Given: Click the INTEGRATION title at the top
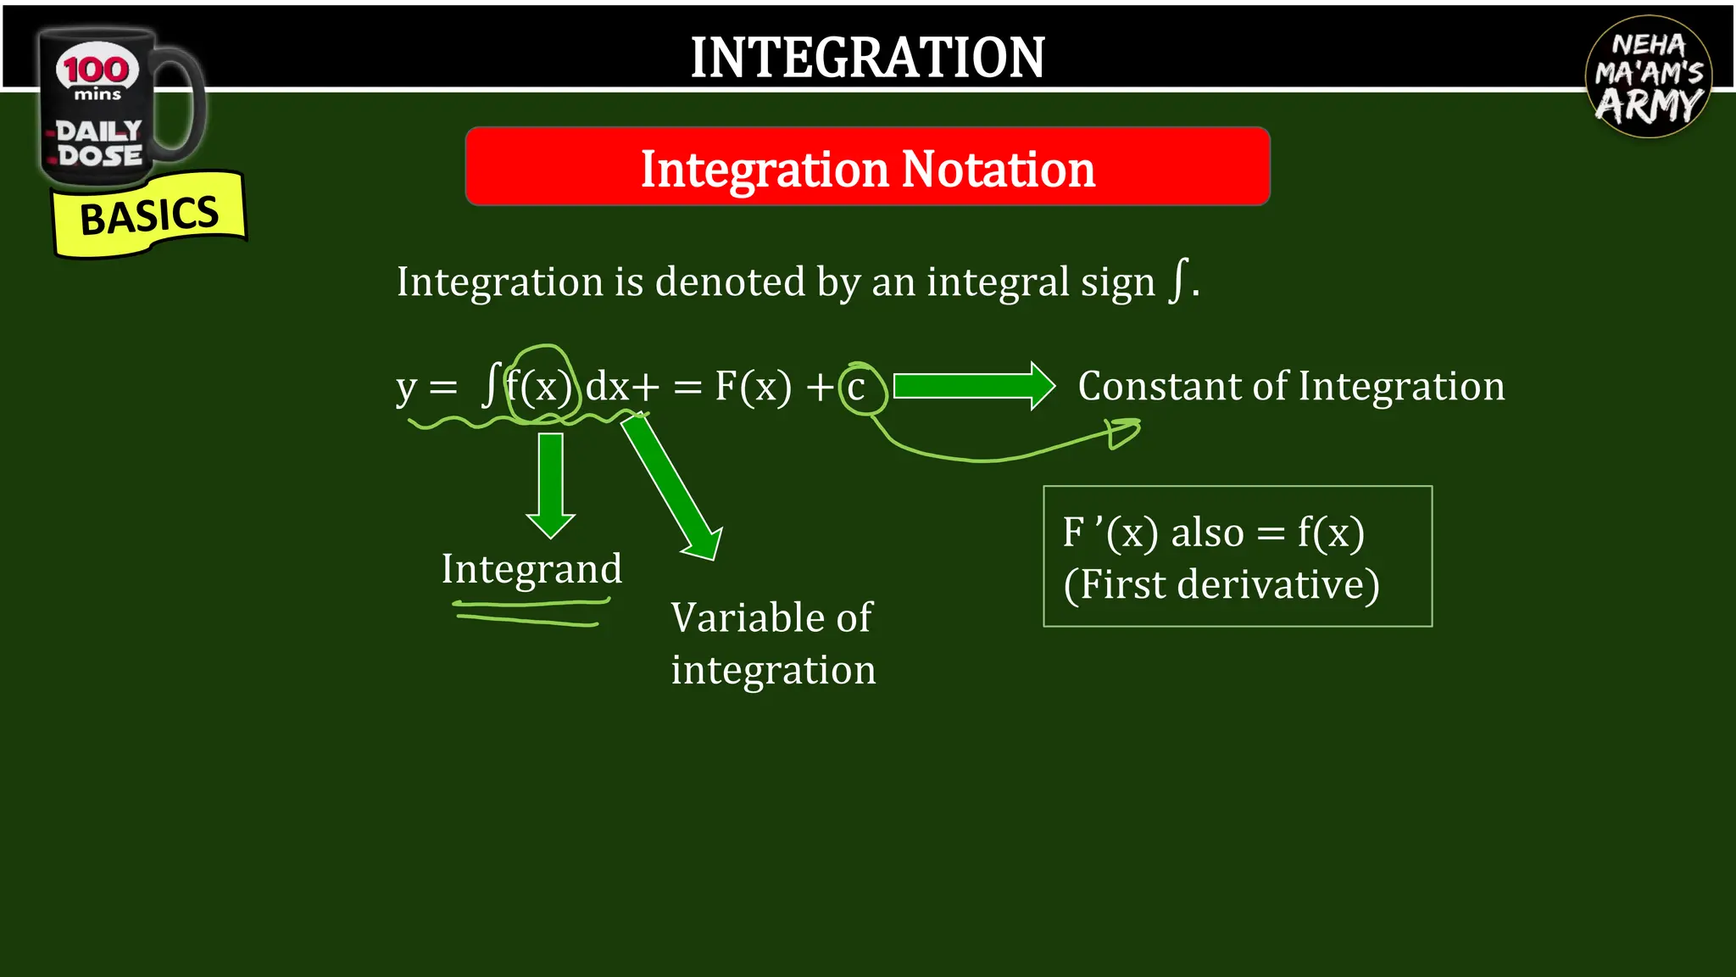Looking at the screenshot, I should pyautogui.click(x=867, y=58).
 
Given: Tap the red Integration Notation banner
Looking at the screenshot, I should pyautogui.click(x=867, y=168).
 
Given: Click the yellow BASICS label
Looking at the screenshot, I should pyautogui.click(x=149, y=215).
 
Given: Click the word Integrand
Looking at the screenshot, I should pyautogui.click(x=531, y=569).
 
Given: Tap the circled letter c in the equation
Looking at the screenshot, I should pyautogui.click(x=857, y=388).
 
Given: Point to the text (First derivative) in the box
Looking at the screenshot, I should pyautogui.click(x=1221, y=584).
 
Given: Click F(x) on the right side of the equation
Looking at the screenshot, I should pyautogui.click(x=753, y=387).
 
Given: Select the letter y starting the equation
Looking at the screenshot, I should pyautogui.click(x=407, y=388).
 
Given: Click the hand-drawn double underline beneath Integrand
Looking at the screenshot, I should pyautogui.click(x=530, y=612).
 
